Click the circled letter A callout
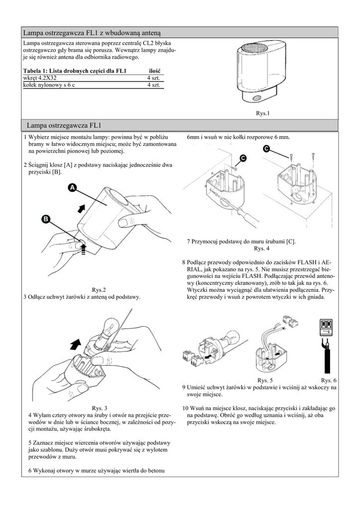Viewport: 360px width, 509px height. coord(72,188)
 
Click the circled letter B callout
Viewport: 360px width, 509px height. coord(46,219)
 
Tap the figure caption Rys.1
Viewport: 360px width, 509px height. coord(263,113)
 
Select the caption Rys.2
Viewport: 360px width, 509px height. coord(99,290)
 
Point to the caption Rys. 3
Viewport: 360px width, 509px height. coord(99,408)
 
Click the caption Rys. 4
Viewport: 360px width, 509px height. coord(262,248)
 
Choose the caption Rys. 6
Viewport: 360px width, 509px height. coord(329,380)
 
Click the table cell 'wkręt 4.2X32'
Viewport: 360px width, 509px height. coord(40,78)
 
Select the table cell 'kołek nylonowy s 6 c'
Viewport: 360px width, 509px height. coord(49,85)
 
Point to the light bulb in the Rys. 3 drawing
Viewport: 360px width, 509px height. coord(108,327)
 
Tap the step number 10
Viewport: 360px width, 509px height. coord(185,408)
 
